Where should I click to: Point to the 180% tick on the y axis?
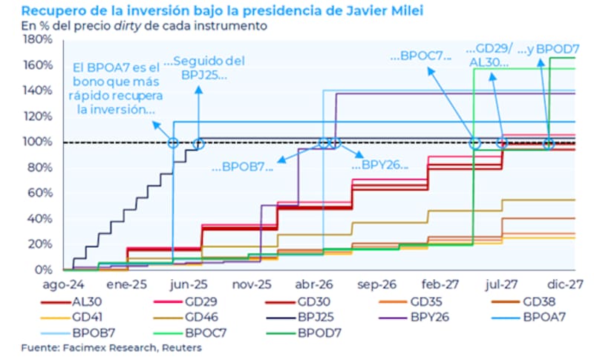pyautogui.click(x=38, y=39)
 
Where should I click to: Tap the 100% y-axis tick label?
pyautogui.click(x=38, y=142)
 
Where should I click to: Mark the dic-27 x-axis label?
pyautogui.click(x=565, y=284)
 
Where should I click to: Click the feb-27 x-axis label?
pyautogui.click(x=439, y=284)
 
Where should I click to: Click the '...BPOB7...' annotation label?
pyautogui.click(x=242, y=166)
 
